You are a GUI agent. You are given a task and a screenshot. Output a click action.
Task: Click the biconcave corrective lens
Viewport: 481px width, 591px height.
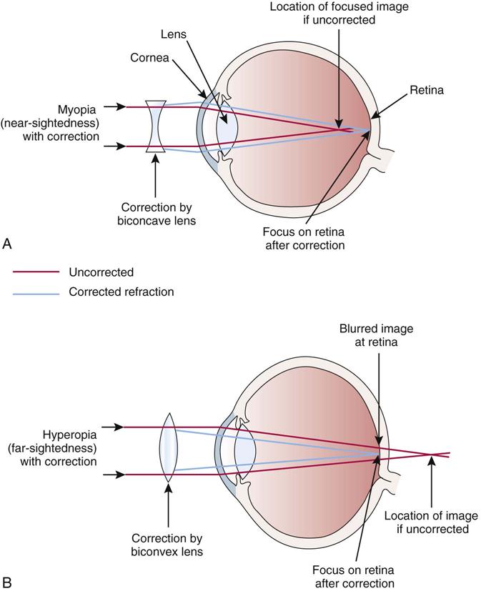coord(156,126)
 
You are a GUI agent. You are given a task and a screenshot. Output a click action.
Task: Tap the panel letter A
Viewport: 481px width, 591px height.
coord(8,244)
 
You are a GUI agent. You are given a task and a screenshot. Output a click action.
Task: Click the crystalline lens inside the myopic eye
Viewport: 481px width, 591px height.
coord(228,126)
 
